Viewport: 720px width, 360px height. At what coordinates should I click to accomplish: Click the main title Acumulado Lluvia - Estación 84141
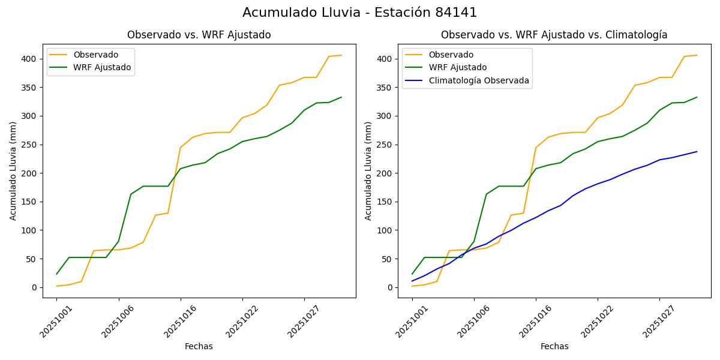coord(359,13)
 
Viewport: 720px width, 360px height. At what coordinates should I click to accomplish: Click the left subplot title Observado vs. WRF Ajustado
coord(199,35)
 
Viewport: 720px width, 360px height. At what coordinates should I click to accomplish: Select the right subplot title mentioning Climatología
coord(554,35)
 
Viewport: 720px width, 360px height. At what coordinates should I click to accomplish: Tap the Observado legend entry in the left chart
coord(95,55)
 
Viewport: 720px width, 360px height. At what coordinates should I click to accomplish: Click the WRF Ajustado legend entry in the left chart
coord(102,67)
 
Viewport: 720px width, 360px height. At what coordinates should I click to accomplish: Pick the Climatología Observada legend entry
coord(478,80)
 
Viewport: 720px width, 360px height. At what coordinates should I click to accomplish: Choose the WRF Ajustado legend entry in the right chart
coord(457,67)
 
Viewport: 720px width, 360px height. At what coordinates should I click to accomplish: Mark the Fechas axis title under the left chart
coord(199,346)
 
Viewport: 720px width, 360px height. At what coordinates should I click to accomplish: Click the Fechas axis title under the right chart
coord(554,346)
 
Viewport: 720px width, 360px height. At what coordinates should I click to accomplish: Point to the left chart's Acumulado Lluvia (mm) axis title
coord(13,170)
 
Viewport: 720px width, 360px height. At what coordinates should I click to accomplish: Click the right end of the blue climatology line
coord(697,152)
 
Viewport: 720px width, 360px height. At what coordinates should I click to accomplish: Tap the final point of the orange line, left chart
coord(341,55)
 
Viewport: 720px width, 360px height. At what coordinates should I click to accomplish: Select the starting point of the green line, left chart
coord(57,274)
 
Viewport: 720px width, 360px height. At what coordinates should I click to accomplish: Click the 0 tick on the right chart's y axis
coord(390,287)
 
